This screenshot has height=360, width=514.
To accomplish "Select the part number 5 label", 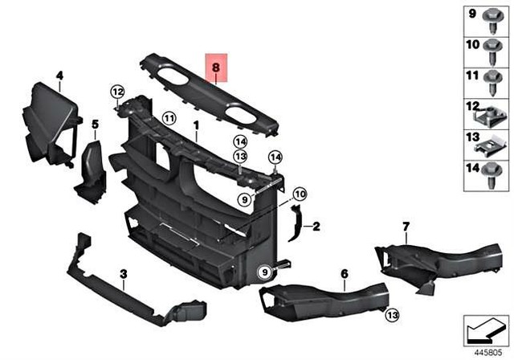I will point(94,125).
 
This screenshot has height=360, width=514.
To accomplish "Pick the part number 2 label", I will point(316,227).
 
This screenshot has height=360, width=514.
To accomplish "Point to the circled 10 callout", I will point(299,194).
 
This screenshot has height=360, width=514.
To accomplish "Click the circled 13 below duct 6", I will point(391,314).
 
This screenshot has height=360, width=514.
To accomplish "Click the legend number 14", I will point(471,169).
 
